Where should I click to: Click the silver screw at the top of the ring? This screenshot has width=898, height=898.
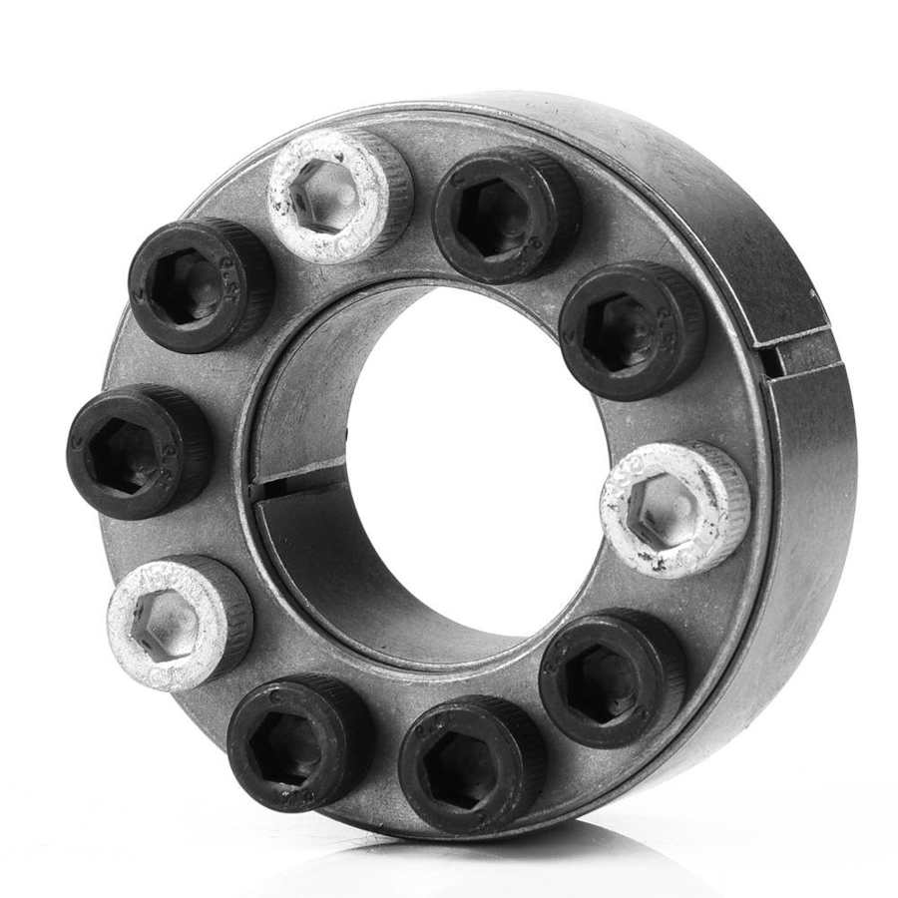339,196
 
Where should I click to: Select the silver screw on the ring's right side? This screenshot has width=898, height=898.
674,509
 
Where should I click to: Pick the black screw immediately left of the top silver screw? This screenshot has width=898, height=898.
201,284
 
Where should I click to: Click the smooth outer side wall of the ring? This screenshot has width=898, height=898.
798,519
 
